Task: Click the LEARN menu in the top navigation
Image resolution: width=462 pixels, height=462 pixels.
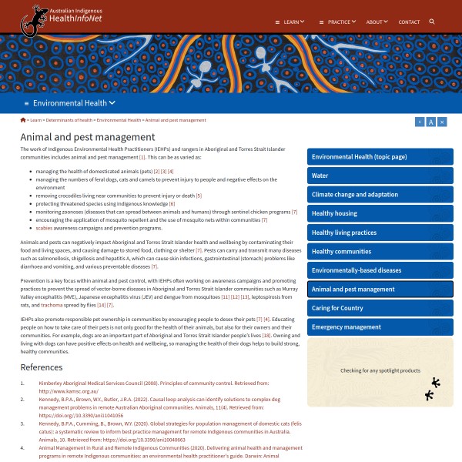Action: [x=290, y=22]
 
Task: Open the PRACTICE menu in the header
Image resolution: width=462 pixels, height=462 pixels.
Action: [x=338, y=22]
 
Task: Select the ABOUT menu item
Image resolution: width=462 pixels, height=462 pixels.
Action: [x=376, y=22]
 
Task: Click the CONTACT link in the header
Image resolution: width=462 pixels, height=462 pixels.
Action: [x=409, y=22]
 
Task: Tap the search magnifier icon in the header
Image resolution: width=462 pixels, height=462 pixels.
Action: [x=432, y=22]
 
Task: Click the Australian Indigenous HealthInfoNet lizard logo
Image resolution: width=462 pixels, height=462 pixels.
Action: [x=35, y=21]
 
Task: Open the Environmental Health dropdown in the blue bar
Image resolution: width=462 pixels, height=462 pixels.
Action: [x=74, y=102]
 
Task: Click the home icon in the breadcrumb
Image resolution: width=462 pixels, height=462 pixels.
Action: [x=23, y=120]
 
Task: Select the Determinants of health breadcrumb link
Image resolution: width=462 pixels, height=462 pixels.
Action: [x=69, y=121]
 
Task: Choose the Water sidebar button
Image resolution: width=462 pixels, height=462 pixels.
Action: [x=320, y=176]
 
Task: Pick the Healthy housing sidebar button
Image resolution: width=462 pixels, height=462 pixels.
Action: [x=334, y=213]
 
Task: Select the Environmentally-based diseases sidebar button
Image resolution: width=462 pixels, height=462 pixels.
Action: [x=357, y=270]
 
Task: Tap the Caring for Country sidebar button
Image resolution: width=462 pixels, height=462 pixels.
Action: [x=337, y=308]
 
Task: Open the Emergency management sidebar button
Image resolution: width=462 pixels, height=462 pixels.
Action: [x=346, y=327]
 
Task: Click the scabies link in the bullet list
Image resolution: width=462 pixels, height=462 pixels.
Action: [x=44, y=228]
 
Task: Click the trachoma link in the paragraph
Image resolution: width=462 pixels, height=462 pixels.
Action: [x=52, y=306]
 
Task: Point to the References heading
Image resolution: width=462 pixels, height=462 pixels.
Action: [x=42, y=367]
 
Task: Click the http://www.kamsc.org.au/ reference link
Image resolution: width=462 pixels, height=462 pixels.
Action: [x=69, y=391]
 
